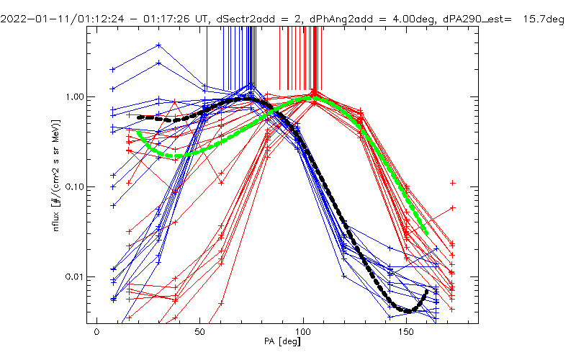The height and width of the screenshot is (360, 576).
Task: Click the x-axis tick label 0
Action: tap(96, 336)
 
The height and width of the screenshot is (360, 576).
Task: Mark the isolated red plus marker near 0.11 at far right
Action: tap(452, 183)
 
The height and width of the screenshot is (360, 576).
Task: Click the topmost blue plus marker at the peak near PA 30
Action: tap(158, 45)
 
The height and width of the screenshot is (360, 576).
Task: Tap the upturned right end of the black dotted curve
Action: tap(426, 291)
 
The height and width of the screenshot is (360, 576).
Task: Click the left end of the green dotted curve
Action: tap(138, 132)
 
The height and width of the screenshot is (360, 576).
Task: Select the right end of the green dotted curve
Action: tap(427, 233)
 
